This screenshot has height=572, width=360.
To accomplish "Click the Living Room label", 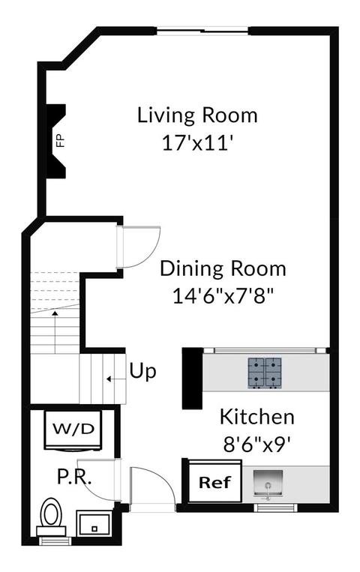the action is [x=197, y=115].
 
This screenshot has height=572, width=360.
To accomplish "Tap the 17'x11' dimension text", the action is [x=197, y=142].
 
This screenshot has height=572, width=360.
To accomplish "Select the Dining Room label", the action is [x=223, y=268].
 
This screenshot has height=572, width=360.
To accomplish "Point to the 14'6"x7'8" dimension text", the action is [x=223, y=296].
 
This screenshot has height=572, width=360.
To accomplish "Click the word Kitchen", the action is [x=257, y=417].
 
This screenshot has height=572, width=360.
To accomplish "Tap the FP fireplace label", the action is [x=60, y=141].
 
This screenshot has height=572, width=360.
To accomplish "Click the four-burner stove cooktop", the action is [x=265, y=372].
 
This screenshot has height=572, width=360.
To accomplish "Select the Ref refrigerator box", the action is [x=215, y=481].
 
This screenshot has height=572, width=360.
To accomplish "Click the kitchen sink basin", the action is [x=268, y=483].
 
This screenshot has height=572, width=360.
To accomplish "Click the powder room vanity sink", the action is [x=93, y=523].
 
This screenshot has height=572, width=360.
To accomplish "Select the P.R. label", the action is [x=74, y=477].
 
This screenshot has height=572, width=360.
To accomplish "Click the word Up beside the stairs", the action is [x=142, y=372].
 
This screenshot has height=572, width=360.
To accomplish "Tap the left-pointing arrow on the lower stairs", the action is [x=115, y=379].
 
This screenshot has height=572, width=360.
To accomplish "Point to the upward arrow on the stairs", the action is [x=55, y=332].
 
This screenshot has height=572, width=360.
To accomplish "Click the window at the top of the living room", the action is [x=202, y=31].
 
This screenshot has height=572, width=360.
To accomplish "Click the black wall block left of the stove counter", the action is [x=193, y=379].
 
